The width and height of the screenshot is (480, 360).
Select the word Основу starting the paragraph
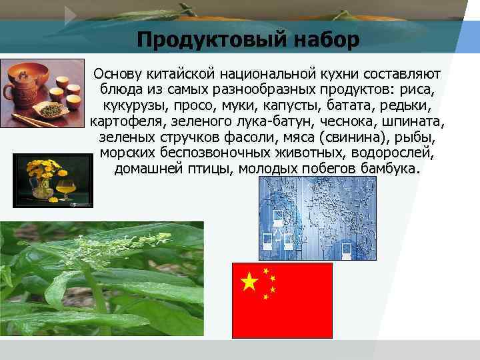117,73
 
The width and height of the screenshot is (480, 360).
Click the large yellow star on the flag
249,283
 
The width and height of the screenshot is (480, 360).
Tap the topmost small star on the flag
267,271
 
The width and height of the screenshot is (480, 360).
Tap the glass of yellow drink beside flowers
64,186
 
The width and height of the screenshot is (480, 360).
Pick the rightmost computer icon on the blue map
346,249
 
